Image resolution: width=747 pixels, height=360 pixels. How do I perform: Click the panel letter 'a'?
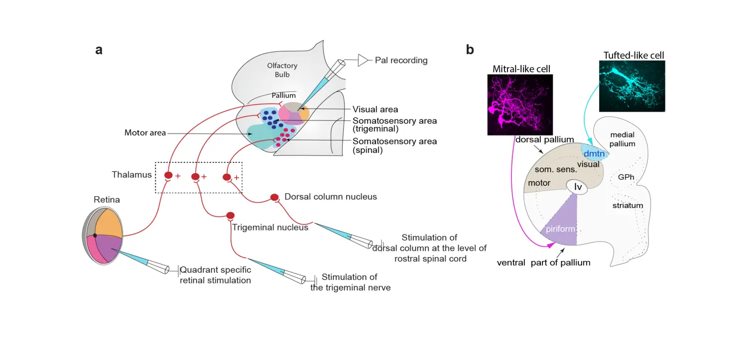click(99, 50)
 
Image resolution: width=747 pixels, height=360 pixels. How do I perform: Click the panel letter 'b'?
click(470, 50)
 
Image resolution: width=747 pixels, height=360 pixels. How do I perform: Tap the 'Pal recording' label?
click(401, 60)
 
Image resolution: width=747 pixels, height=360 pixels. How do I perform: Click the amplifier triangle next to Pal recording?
click(363, 60)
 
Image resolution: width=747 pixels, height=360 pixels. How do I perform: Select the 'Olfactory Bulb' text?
click(282, 70)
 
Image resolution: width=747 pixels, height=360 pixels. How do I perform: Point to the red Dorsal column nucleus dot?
click(274, 197)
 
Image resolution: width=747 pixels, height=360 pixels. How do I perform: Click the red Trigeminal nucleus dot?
click(230, 216)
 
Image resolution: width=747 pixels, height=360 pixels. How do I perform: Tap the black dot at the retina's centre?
click(95, 235)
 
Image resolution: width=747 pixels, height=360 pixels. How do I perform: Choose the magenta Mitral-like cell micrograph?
click(520, 105)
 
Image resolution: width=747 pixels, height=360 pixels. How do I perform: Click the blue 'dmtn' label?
click(594, 154)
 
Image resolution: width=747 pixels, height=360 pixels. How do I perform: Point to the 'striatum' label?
click(627, 205)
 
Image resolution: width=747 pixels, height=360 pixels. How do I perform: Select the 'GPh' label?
click(625, 177)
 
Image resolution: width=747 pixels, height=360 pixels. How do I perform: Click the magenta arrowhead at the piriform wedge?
click(549, 245)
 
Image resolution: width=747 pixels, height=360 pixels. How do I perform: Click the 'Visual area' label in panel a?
click(375, 110)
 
